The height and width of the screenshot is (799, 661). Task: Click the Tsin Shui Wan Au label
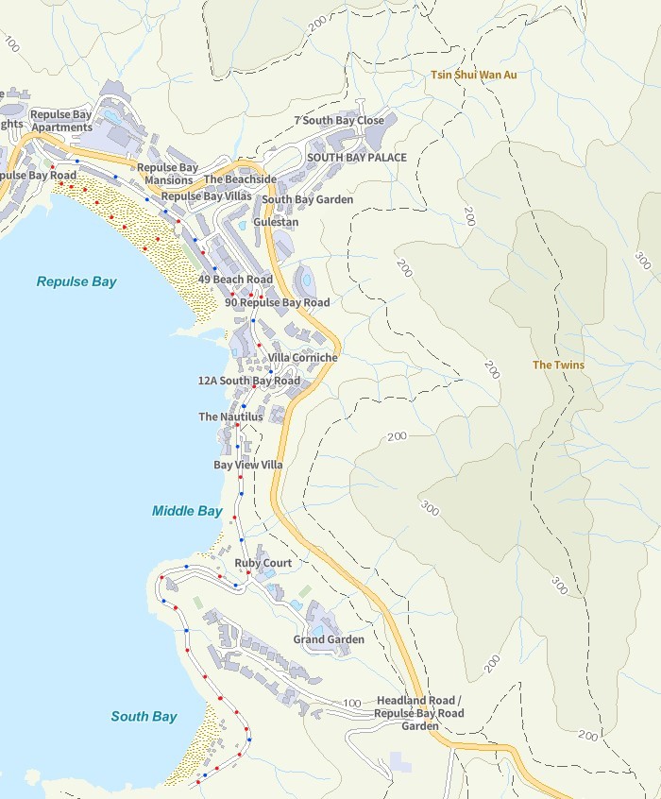point(473,75)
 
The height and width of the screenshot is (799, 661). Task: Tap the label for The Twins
point(558,365)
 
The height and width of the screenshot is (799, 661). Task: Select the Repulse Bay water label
point(76,281)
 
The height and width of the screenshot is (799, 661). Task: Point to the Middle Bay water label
point(187,511)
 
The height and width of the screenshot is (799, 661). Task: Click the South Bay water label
point(144,716)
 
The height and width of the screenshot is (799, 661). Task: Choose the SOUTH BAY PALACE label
point(357,157)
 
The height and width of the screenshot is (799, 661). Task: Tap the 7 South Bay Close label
point(339,121)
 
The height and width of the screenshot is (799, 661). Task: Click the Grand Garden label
point(329,639)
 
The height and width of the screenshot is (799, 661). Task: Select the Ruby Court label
point(263,563)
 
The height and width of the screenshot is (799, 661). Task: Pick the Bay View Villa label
point(248,465)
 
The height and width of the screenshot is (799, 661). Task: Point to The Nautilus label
point(230,416)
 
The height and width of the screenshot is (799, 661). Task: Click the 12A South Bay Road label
point(248,381)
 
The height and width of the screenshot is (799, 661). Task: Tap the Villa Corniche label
point(303,358)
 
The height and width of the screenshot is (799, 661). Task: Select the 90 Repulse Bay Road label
point(278,302)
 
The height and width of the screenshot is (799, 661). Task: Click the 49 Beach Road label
point(235,280)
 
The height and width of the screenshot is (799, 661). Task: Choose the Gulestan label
point(276,222)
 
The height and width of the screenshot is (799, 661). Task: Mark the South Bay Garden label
point(308,199)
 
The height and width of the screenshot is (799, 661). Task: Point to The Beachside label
point(240,178)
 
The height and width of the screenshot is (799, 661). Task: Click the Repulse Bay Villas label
point(207,195)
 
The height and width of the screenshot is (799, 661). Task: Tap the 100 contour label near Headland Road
point(352,704)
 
